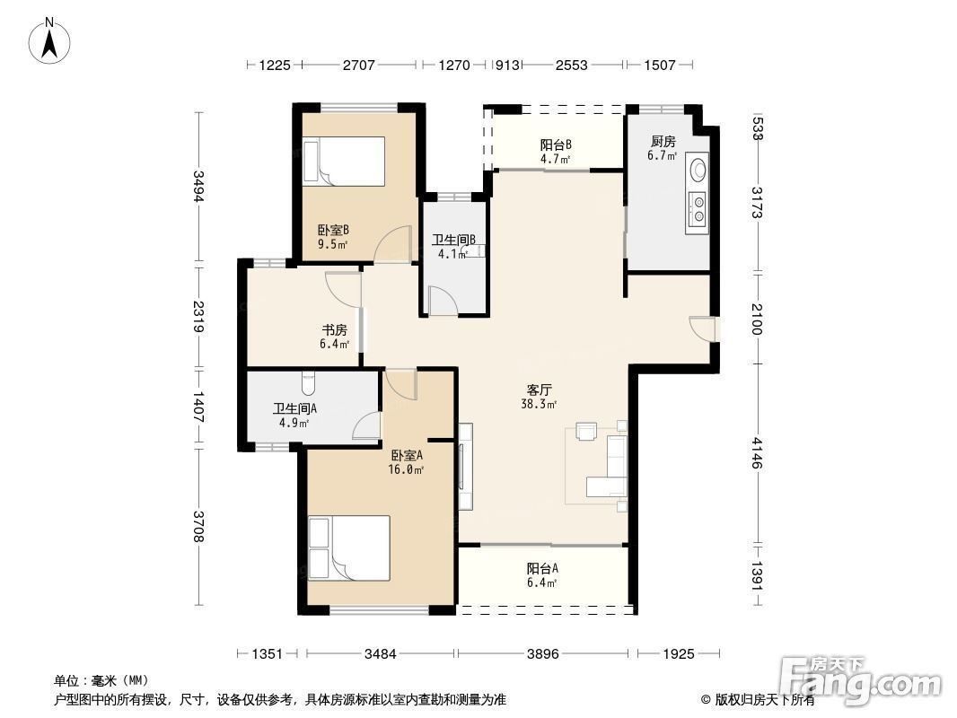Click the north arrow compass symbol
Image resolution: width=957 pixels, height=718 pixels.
click(49, 41)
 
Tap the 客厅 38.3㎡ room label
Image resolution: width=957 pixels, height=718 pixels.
click(539, 397)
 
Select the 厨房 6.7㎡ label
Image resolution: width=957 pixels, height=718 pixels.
click(663, 148)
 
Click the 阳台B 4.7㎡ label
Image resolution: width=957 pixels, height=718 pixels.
click(556, 152)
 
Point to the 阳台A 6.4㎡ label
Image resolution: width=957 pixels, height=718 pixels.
click(542, 575)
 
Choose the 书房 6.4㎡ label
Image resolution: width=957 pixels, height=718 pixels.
click(335, 337)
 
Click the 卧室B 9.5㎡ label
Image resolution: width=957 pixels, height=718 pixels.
click(333, 237)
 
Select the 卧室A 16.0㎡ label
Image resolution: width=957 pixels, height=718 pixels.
click(407, 462)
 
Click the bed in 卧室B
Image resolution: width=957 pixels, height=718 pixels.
click(344, 161)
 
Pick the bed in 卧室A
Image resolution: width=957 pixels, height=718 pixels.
click(349, 548)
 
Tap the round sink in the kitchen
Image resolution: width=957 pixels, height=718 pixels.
click(698, 169)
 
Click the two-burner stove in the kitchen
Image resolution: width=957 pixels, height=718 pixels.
click(697, 208)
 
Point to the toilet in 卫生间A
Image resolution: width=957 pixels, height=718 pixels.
click(308, 383)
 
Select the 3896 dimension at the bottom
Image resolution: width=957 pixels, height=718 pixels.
click(542, 654)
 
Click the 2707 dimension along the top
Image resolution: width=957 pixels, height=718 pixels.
click(358, 65)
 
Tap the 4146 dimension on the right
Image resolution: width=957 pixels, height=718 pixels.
click(757, 453)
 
